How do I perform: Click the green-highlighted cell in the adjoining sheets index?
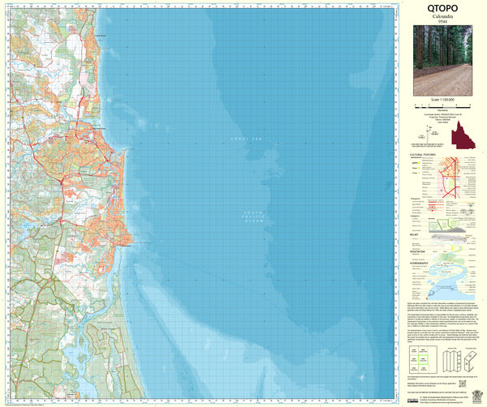tap(422, 355)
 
